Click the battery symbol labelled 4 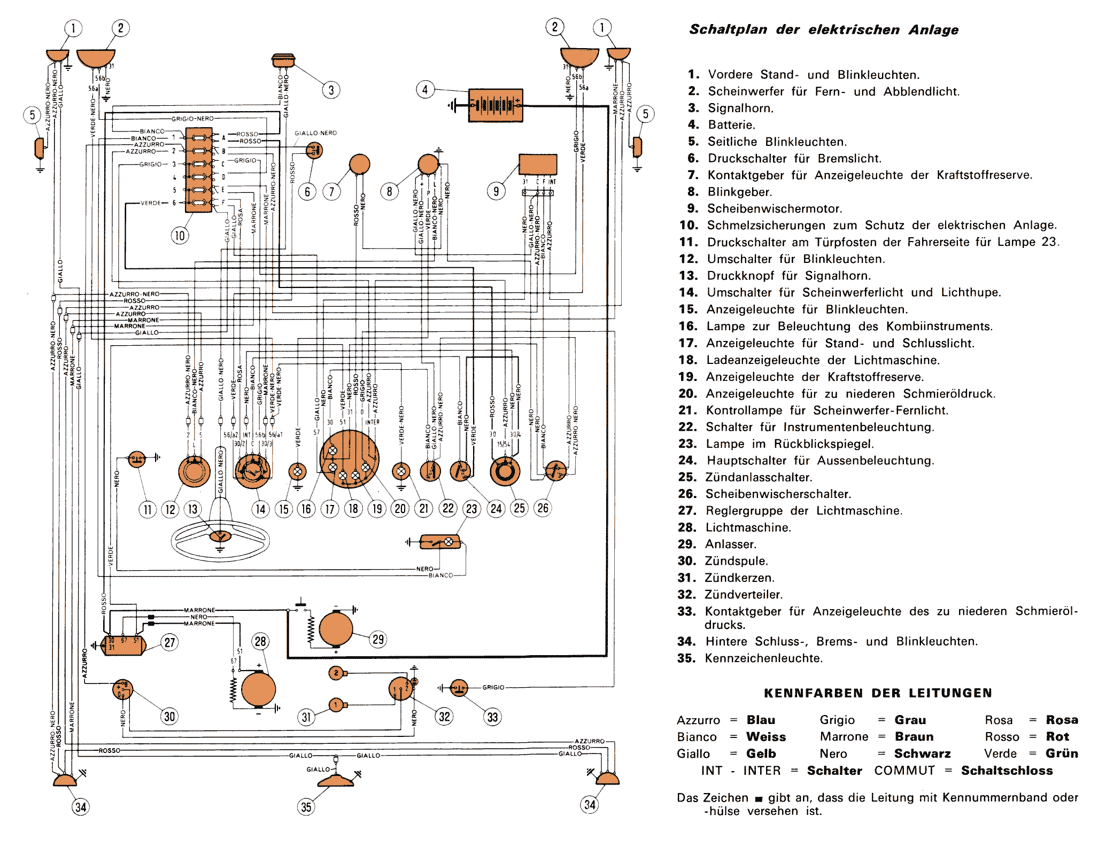pos(495,105)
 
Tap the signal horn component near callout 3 pos(283,59)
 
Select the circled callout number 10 pos(180,235)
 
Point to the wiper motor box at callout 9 pos(537,164)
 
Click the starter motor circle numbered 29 pos(336,629)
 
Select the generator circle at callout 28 pos(258,689)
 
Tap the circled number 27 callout pos(170,642)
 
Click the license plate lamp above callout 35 pos(336,781)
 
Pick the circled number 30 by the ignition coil pos(169,717)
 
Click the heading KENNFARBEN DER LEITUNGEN pos(878,693)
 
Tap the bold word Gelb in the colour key pos(761,753)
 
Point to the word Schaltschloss pos(1007,771)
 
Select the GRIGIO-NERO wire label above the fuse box pos(192,119)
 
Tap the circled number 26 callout pos(543,508)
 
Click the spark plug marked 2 pos(336,673)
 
